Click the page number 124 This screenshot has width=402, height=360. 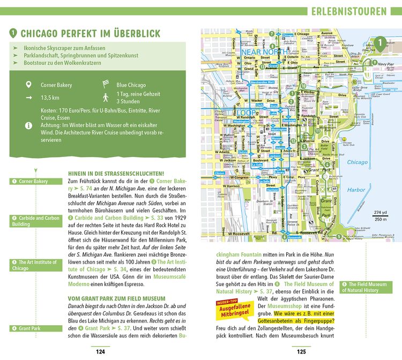[x=100, y=352]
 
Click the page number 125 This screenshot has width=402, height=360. [x=302, y=352]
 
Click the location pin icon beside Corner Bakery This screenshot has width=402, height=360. [x=28, y=85]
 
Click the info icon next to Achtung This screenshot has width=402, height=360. [x=28, y=125]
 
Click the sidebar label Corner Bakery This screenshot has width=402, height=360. [x=34, y=182]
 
